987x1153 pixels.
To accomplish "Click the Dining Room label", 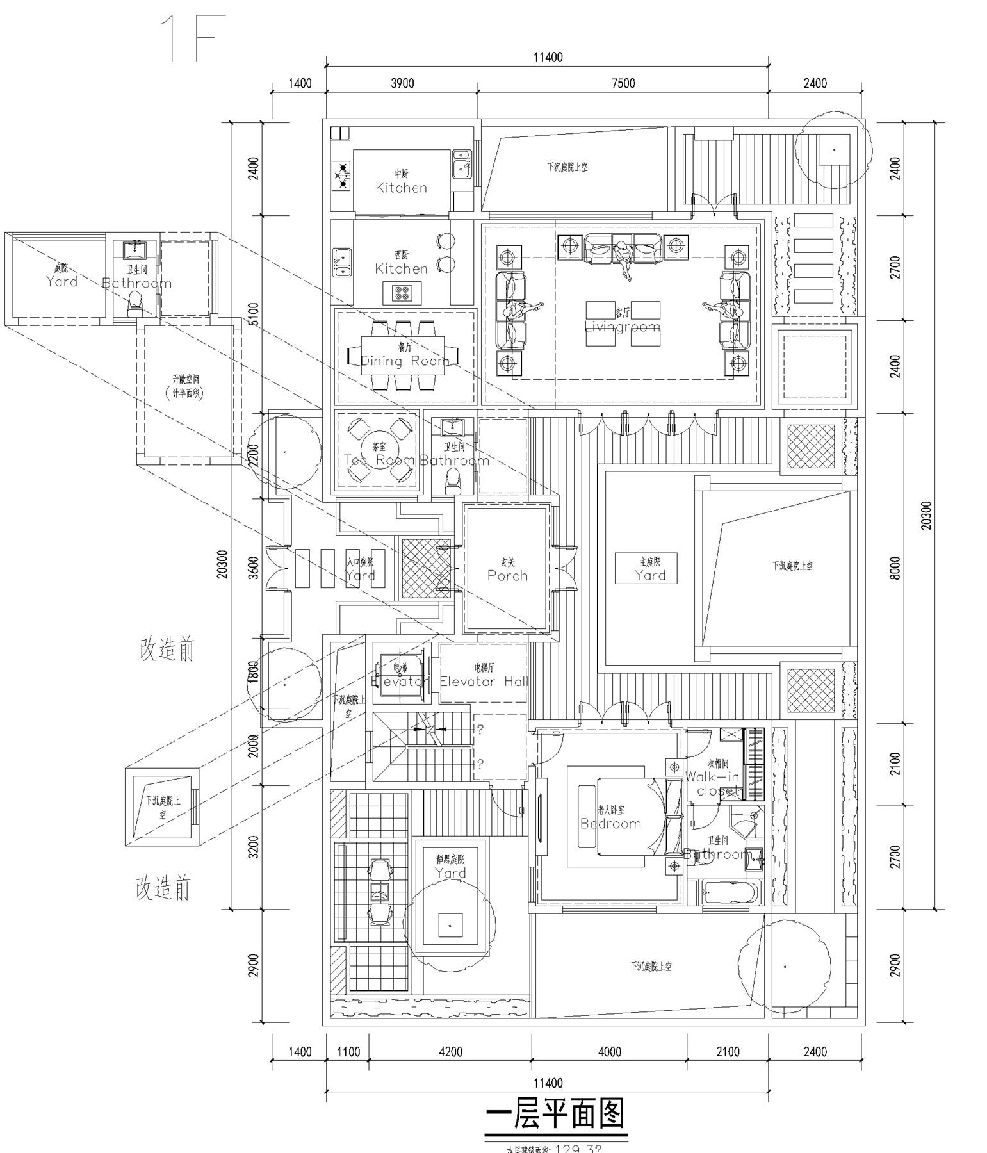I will point(405,361).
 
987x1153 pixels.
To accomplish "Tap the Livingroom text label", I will point(622,327).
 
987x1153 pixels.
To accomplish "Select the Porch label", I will point(507,575).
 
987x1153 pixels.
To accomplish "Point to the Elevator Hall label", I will point(484,682).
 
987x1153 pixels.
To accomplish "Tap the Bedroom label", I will point(610,824).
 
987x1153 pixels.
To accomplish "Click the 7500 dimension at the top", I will point(623,83).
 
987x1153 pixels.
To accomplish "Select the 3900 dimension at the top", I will point(402,83).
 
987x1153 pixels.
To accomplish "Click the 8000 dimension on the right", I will point(895,568).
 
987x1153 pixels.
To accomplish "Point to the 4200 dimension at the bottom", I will point(450,1051).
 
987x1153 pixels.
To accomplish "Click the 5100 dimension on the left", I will point(254,314).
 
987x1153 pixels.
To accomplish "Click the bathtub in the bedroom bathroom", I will point(730,892).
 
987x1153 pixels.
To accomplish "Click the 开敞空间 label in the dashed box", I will point(186,379).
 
